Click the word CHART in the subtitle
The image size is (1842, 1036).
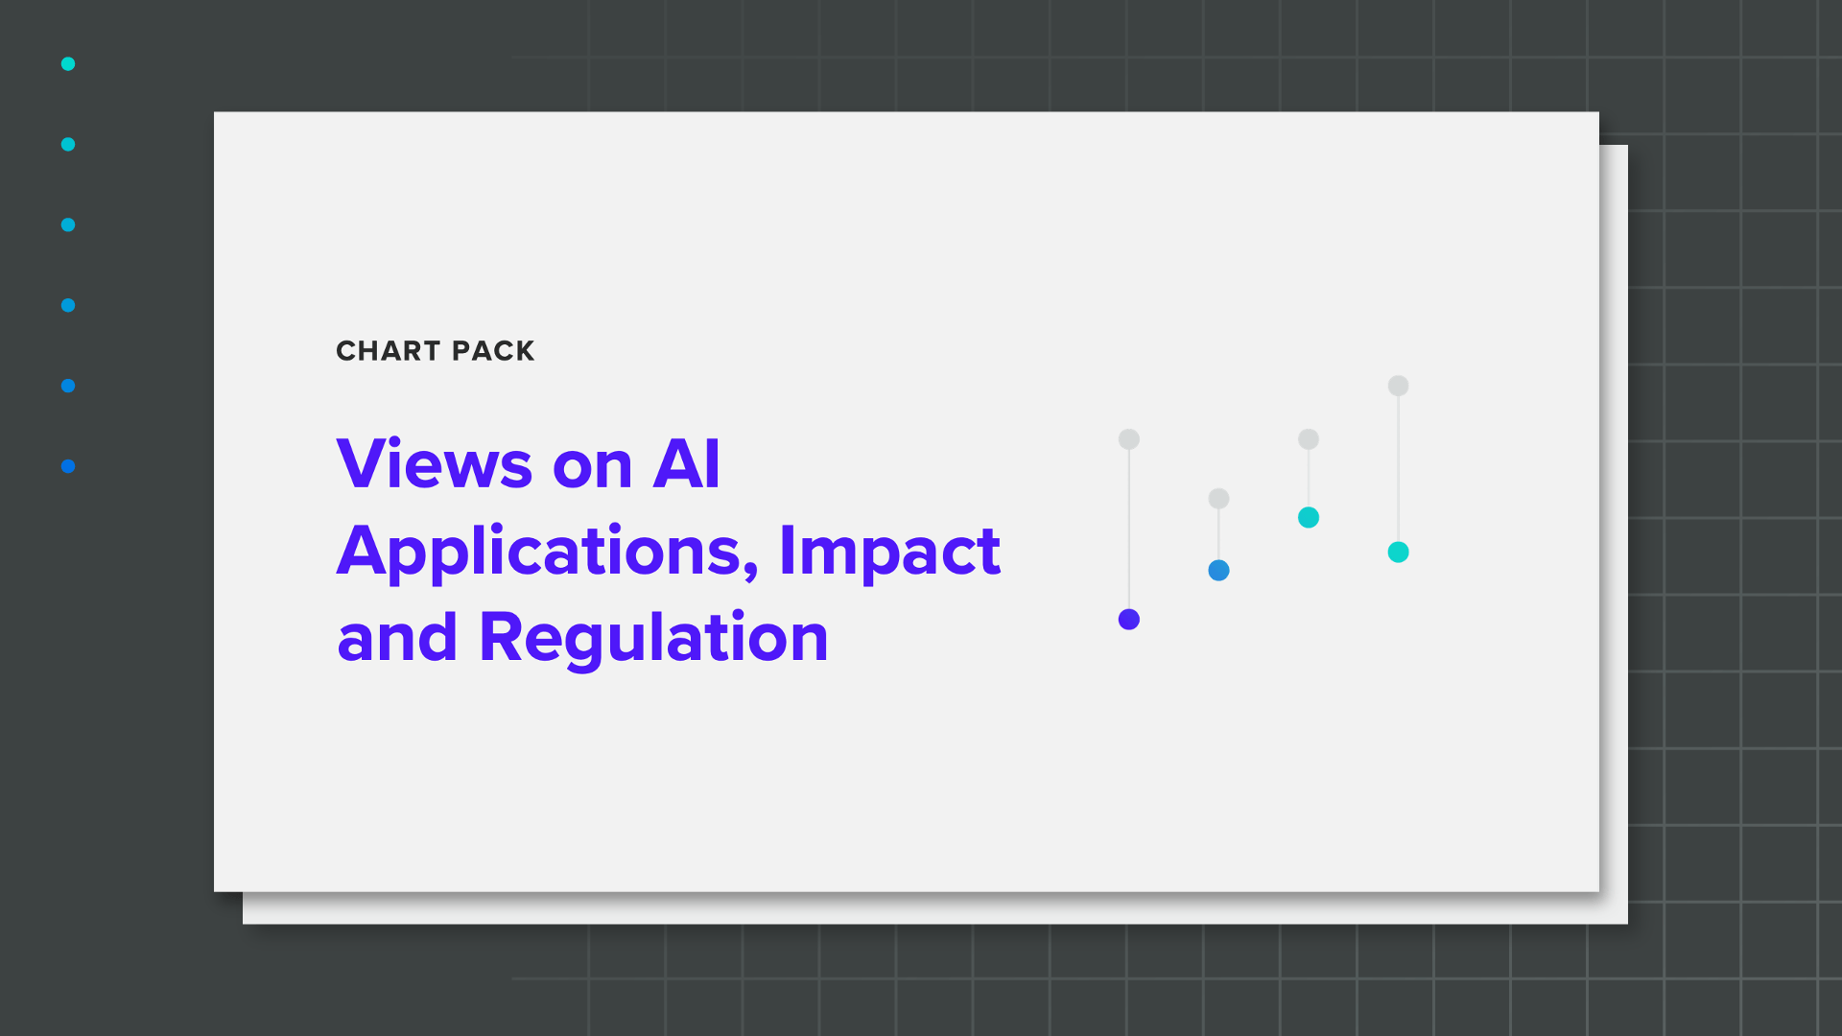[388, 351]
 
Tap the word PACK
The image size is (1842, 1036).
[493, 351]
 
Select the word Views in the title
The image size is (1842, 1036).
[434, 464]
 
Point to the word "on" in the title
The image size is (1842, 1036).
[592, 466]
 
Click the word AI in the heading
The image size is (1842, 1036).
[686, 464]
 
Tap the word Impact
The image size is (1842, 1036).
[889, 553]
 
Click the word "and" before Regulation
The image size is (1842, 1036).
[397, 639]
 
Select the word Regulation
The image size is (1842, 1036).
[653, 639]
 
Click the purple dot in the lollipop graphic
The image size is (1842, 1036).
[1129, 620]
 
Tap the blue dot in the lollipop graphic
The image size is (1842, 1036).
[1218, 571]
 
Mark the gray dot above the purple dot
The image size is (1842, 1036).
[1129, 439]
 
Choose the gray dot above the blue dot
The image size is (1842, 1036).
[1218, 499]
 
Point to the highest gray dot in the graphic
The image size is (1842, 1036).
[1398, 386]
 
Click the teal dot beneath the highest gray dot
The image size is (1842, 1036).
[1398, 553]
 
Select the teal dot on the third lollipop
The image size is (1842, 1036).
[1309, 518]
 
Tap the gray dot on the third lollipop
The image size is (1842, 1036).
[1309, 439]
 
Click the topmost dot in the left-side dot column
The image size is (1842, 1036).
[68, 64]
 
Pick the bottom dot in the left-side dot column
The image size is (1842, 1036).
[68, 467]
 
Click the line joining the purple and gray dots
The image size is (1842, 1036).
[1129, 528]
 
